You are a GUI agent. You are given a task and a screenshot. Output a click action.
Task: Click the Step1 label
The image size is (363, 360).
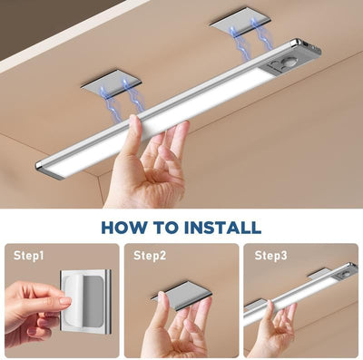coord(27,256)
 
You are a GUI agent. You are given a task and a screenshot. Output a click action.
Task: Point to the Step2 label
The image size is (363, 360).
coord(150,256)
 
